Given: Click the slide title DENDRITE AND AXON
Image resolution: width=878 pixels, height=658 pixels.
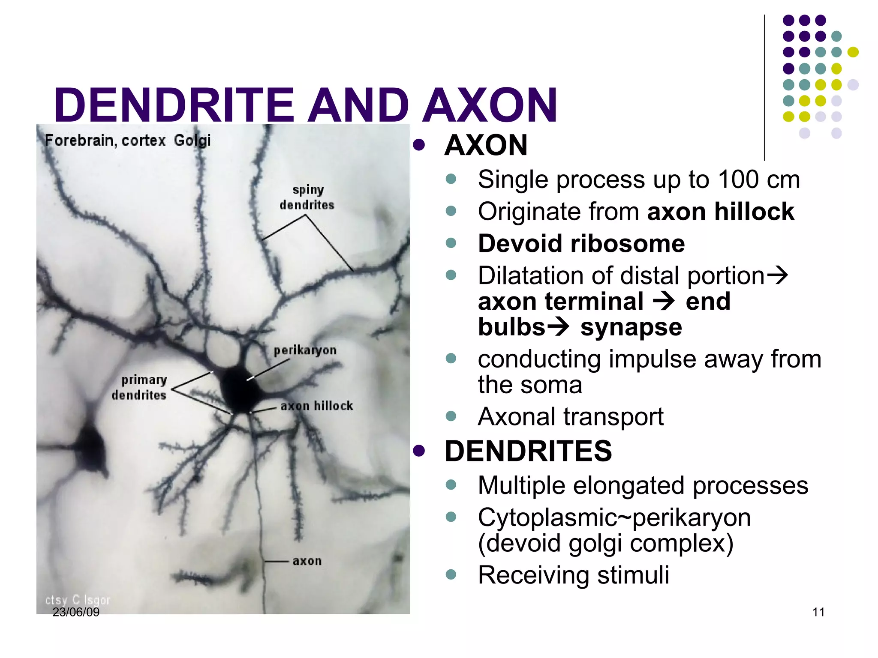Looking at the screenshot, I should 305,105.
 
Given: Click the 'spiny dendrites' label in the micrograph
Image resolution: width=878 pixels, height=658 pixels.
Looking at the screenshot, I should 307,197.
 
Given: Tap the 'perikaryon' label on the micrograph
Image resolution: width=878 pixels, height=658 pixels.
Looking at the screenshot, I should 305,350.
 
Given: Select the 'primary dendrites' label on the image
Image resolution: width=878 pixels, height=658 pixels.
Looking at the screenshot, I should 140,387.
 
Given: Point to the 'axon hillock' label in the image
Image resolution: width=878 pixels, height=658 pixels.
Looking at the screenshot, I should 316,406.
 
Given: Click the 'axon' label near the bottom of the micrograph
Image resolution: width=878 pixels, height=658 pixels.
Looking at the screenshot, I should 307,561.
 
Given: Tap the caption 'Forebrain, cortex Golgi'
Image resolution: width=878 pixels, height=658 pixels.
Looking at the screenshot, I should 128,140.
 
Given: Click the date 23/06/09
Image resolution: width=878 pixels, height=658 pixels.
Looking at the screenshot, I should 76,612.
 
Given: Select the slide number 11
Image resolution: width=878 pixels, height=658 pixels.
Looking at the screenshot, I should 818,612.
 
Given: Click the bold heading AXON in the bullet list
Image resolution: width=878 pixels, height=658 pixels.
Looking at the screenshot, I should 486,145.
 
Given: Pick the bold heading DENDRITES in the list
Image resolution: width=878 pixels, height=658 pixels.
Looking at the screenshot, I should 528,451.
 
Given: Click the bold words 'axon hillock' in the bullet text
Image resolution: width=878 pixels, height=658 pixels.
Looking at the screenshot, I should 721,212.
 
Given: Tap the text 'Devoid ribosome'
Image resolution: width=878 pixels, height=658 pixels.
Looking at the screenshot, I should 581,244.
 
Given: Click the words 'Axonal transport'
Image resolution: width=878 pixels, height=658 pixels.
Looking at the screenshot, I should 571,416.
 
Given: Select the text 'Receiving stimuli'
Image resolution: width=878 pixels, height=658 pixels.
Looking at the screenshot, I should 574,575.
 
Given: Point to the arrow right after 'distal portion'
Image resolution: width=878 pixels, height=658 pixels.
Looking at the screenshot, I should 777,275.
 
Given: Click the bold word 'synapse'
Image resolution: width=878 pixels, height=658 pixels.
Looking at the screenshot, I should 631,328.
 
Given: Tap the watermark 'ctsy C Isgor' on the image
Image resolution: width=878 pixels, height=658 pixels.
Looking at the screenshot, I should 78,600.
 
